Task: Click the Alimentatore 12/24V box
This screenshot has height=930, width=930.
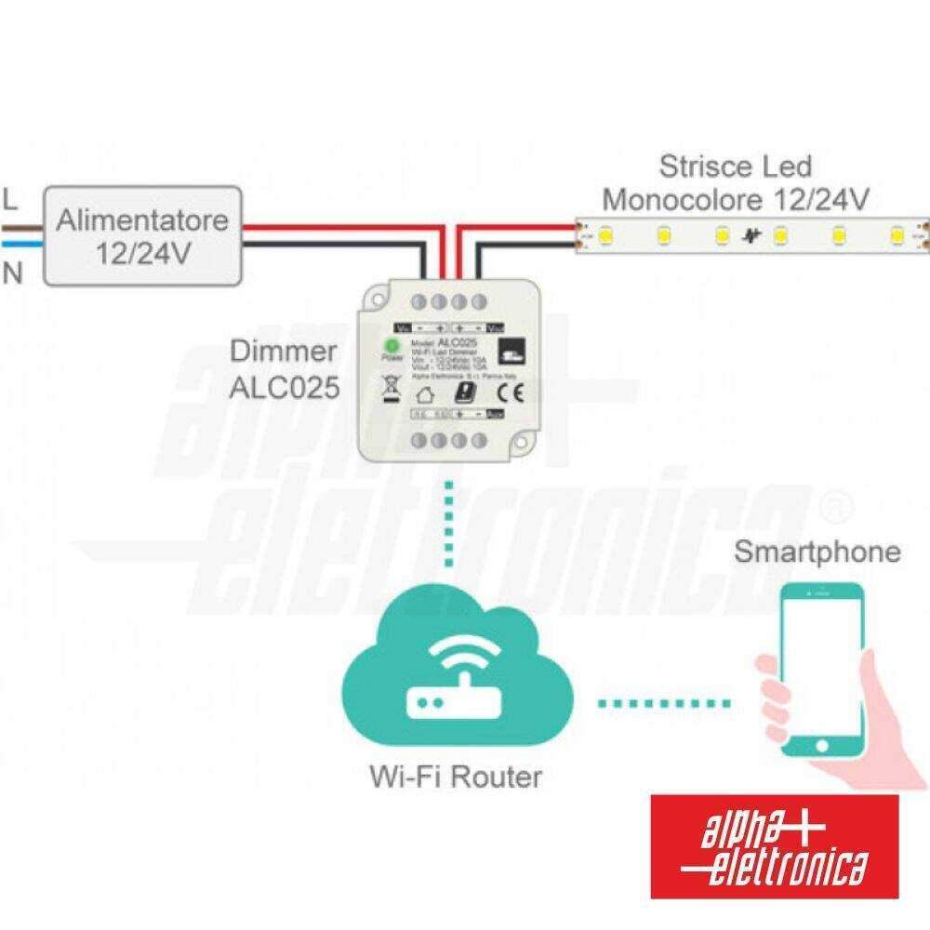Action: click(142, 236)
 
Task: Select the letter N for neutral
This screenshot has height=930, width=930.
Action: click(12, 273)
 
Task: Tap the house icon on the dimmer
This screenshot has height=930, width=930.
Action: click(426, 392)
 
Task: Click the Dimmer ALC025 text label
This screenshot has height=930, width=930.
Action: click(285, 369)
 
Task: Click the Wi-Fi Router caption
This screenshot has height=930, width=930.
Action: click(456, 776)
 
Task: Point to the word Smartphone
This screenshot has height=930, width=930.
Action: click(817, 551)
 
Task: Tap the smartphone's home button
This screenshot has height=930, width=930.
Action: click(821, 745)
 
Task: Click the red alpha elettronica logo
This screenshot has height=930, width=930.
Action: click(774, 846)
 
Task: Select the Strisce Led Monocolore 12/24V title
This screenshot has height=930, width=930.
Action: click(736, 182)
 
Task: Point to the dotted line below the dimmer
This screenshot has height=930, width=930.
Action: click(449, 526)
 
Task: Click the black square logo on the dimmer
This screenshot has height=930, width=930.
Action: click(507, 352)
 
